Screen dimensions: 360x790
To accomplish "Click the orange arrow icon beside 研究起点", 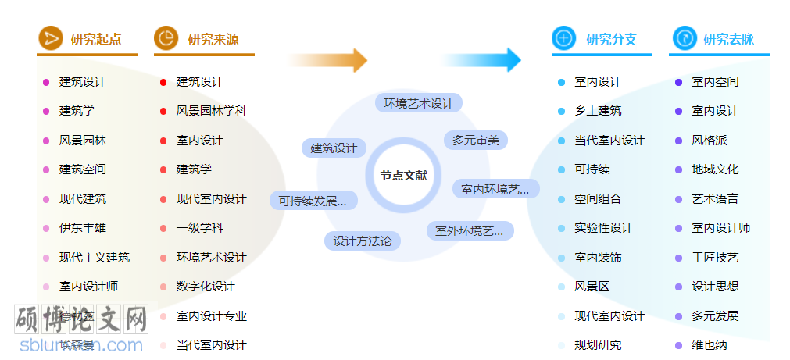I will (51, 38).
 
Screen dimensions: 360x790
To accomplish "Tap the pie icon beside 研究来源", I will (166, 38).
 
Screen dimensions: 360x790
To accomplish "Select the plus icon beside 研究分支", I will (563, 38).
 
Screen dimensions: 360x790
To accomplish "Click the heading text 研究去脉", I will (728, 39).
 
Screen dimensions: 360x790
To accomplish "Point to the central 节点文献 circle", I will (403, 176).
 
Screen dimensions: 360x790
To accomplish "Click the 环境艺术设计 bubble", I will (418, 103).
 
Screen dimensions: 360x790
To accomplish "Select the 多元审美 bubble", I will (476, 141).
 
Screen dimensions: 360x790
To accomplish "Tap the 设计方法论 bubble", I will (363, 241).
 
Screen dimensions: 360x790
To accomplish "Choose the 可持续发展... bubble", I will (313, 201).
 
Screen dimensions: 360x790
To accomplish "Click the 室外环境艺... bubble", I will (470, 231).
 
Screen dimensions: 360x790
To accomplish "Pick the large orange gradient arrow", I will (328, 60).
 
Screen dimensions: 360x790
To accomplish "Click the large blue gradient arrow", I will (481, 60).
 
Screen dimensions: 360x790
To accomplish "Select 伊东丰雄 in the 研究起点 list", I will (83, 228).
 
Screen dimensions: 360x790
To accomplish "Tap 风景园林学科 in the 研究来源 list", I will (211, 111).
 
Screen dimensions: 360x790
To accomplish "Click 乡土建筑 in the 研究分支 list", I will (598, 111).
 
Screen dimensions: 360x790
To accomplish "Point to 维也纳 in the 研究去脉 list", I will (710, 345).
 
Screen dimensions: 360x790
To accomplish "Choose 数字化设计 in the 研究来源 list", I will (206, 287).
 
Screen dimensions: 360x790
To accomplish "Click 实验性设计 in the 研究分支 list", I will (603, 228).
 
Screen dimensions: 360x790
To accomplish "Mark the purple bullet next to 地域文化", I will (679, 169).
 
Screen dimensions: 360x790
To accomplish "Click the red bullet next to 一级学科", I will (163, 228).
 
